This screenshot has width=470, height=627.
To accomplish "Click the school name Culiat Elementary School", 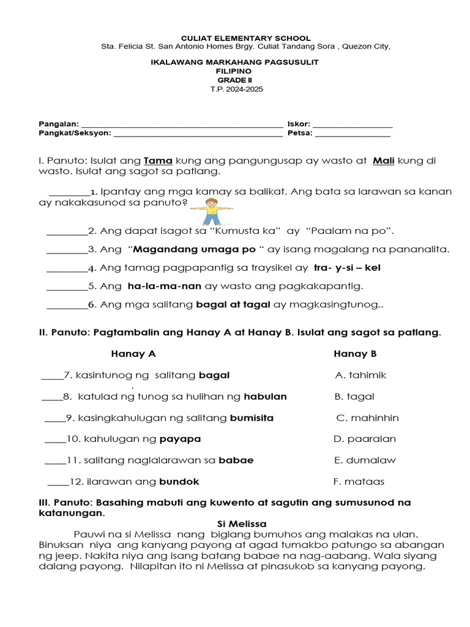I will [x=236, y=38].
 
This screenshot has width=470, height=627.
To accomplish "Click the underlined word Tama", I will [x=158, y=161].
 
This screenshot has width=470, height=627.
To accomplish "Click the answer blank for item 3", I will [x=67, y=250].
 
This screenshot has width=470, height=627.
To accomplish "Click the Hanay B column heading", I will [x=355, y=354].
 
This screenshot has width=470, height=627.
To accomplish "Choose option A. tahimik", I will [x=361, y=375].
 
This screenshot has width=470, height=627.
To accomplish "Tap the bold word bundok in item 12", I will [x=179, y=481].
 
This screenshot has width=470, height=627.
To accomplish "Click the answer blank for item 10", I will [x=55, y=440].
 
